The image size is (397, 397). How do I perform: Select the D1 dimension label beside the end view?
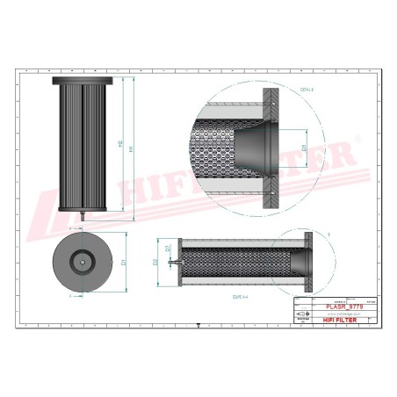point(123,261)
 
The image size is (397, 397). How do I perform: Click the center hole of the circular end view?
point(83,261)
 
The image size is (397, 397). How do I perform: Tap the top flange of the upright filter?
point(83,80)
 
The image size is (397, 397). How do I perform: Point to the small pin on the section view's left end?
point(173,261)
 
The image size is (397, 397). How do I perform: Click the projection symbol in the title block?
point(304,314)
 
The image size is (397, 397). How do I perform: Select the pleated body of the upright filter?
point(83,145)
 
